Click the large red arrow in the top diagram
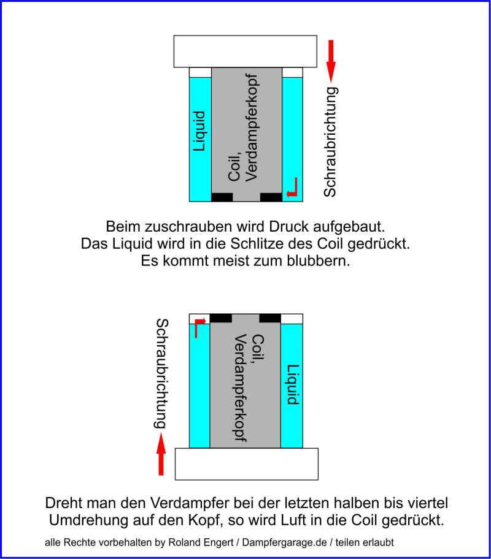pos(331,61)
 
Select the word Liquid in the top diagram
pos(199,131)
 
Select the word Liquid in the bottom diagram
pos(293,384)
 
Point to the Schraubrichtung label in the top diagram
pos(331,142)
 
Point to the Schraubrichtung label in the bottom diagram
pos(161,373)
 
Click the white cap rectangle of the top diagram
pos(245,51)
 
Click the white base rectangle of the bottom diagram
pos(247,464)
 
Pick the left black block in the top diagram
pos(222,197)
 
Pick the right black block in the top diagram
pos(271,197)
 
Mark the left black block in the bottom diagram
pos(221,318)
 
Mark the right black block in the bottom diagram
pos(270,318)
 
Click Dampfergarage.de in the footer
pos(284,542)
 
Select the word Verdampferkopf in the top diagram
pos(252,127)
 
